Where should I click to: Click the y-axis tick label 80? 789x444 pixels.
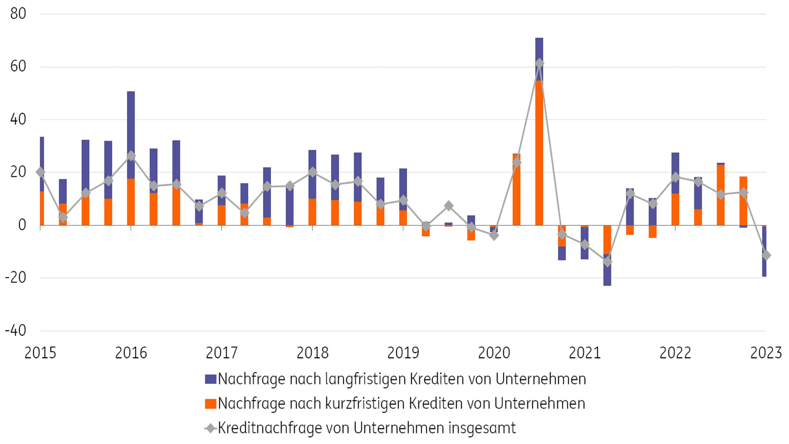(x=18, y=14)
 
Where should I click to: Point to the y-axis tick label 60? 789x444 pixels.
(x=18, y=67)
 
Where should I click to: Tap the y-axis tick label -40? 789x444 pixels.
(x=15, y=331)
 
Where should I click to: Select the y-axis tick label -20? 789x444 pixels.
(x=15, y=278)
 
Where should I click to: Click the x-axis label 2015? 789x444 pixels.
(x=40, y=353)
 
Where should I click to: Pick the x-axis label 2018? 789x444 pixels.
(x=312, y=353)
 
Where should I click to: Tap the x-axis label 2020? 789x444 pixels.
(x=494, y=353)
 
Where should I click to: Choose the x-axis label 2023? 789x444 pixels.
(x=766, y=353)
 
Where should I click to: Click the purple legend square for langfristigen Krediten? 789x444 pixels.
(x=210, y=379)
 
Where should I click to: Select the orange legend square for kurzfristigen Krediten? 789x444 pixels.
(x=210, y=404)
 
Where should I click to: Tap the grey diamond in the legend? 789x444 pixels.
(x=210, y=428)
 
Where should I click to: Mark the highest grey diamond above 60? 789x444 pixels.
(x=539, y=64)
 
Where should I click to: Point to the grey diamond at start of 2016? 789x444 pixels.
(x=131, y=156)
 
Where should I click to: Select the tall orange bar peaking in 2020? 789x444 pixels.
(x=539, y=153)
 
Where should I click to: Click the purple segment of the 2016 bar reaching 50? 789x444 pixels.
(x=131, y=135)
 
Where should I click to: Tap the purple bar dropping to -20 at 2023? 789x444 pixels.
(x=764, y=251)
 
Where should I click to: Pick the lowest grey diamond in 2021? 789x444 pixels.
(x=607, y=262)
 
